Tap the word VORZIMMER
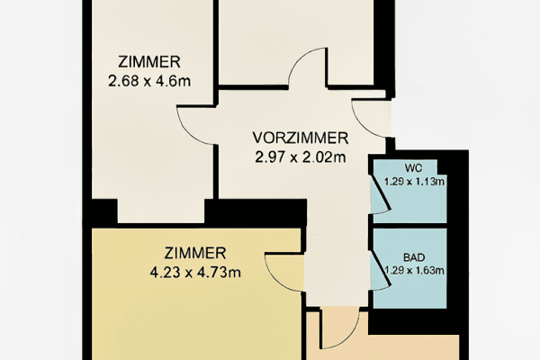tap(300, 138)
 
